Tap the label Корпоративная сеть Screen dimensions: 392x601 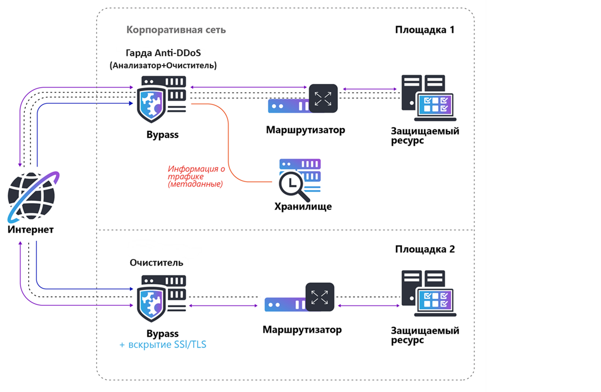click(176, 30)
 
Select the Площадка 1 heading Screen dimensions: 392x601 click(424, 30)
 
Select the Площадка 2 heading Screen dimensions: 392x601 click(424, 249)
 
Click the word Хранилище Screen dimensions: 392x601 click(303, 207)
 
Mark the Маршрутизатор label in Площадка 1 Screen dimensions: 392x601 click(305, 130)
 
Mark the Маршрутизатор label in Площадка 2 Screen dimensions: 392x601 click(302, 330)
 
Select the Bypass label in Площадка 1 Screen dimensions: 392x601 click(162, 135)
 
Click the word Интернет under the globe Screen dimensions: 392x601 click(31, 230)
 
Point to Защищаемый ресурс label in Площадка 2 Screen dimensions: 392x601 click(425, 336)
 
